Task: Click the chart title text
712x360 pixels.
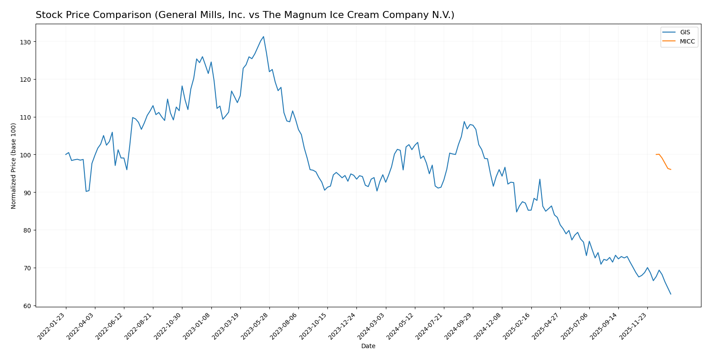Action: [x=245, y=15]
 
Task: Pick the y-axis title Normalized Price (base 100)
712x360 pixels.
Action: [x=14, y=166]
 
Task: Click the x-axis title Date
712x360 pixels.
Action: [x=368, y=346]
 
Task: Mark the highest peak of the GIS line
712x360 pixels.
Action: [x=263, y=36]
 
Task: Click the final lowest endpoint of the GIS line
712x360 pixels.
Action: [x=671, y=294]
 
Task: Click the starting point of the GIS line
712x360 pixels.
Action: [x=66, y=155]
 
